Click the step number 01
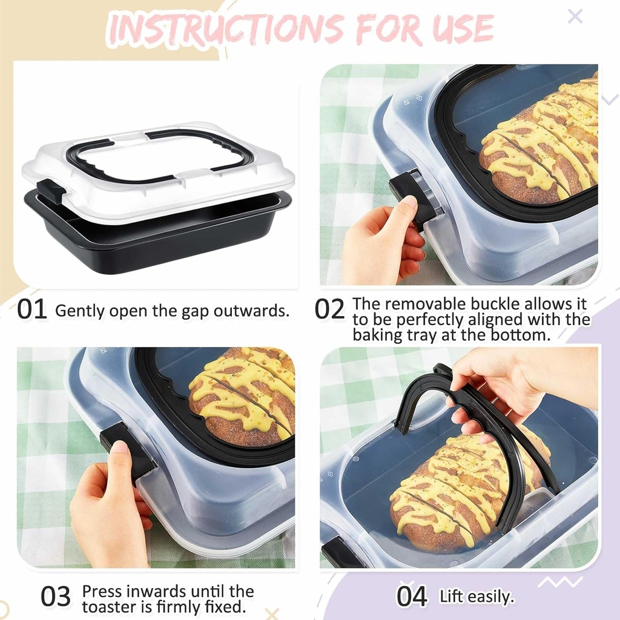[x=32, y=309]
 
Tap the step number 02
[x=330, y=309]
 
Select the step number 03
[x=56, y=597]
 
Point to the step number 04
[x=412, y=596]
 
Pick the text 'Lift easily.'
[x=477, y=596]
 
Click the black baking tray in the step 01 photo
[x=157, y=242]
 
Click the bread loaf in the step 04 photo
[x=460, y=490]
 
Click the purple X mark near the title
[x=575, y=16]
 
